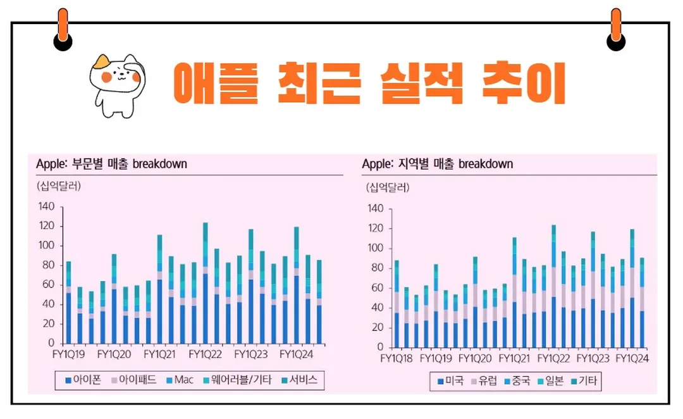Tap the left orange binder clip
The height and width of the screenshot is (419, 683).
pyautogui.click(x=63, y=28)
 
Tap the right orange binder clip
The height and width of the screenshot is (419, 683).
pyautogui.click(x=615, y=28)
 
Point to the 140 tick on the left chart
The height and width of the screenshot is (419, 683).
pyautogui.click(x=47, y=206)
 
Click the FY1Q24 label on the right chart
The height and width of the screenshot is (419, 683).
pyautogui.click(x=632, y=358)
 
